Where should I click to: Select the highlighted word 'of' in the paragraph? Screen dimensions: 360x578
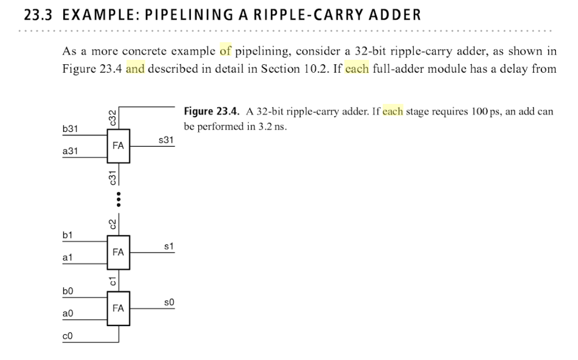(226, 52)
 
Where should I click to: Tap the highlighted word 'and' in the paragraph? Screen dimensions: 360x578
(135, 69)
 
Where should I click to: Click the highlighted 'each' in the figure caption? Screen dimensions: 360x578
(392, 112)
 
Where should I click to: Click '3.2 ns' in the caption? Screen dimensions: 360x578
(273, 126)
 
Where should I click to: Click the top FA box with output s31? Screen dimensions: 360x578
(118, 146)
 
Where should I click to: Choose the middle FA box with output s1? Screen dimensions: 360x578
(118, 252)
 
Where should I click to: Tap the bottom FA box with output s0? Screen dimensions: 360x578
(118, 308)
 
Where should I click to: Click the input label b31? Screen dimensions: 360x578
(70, 129)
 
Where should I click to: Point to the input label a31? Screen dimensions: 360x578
(70, 151)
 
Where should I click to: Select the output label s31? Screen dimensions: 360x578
(167, 139)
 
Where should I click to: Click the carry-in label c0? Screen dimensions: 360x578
(68, 336)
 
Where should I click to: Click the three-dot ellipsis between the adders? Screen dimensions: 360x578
(119, 200)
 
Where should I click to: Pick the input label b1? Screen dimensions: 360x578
(68, 235)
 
